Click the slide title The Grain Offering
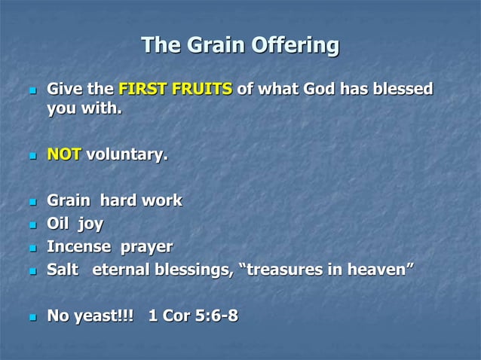(x=240, y=45)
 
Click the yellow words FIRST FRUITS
(x=175, y=90)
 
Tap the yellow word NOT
(x=64, y=155)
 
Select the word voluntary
(x=127, y=155)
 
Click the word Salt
(x=63, y=270)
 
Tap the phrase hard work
(x=146, y=201)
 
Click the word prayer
(x=146, y=247)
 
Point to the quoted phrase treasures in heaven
(x=326, y=270)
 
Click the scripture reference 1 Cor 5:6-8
(x=193, y=316)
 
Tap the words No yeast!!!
(x=90, y=316)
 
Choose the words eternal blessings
(x=163, y=270)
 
